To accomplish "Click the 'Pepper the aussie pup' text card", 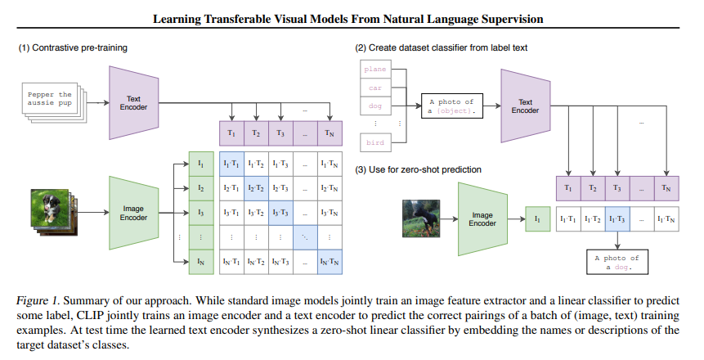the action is tap(50, 99).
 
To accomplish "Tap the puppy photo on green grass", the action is tap(49, 208).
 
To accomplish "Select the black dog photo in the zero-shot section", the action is tap(421, 218).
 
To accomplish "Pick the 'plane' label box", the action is tap(375, 70).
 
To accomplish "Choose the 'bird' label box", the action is tap(375, 142).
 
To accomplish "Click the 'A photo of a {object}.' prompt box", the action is tap(451, 106).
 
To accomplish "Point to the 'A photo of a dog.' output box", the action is tap(617, 262).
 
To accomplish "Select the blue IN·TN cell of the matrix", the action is tap(330, 262).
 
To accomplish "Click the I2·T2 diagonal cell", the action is tap(256, 188).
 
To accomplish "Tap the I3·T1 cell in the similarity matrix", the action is tap(231, 213).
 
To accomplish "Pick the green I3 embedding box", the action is tap(200, 213).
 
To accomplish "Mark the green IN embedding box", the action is tap(200, 262).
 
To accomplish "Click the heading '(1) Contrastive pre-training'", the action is tap(73, 47).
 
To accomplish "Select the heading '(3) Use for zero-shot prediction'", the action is tap(418, 169).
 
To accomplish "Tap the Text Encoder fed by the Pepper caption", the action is tap(134, 103).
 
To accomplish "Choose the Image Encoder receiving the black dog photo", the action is tap(482, 219).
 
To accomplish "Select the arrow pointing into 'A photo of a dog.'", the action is tap(617, 241).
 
